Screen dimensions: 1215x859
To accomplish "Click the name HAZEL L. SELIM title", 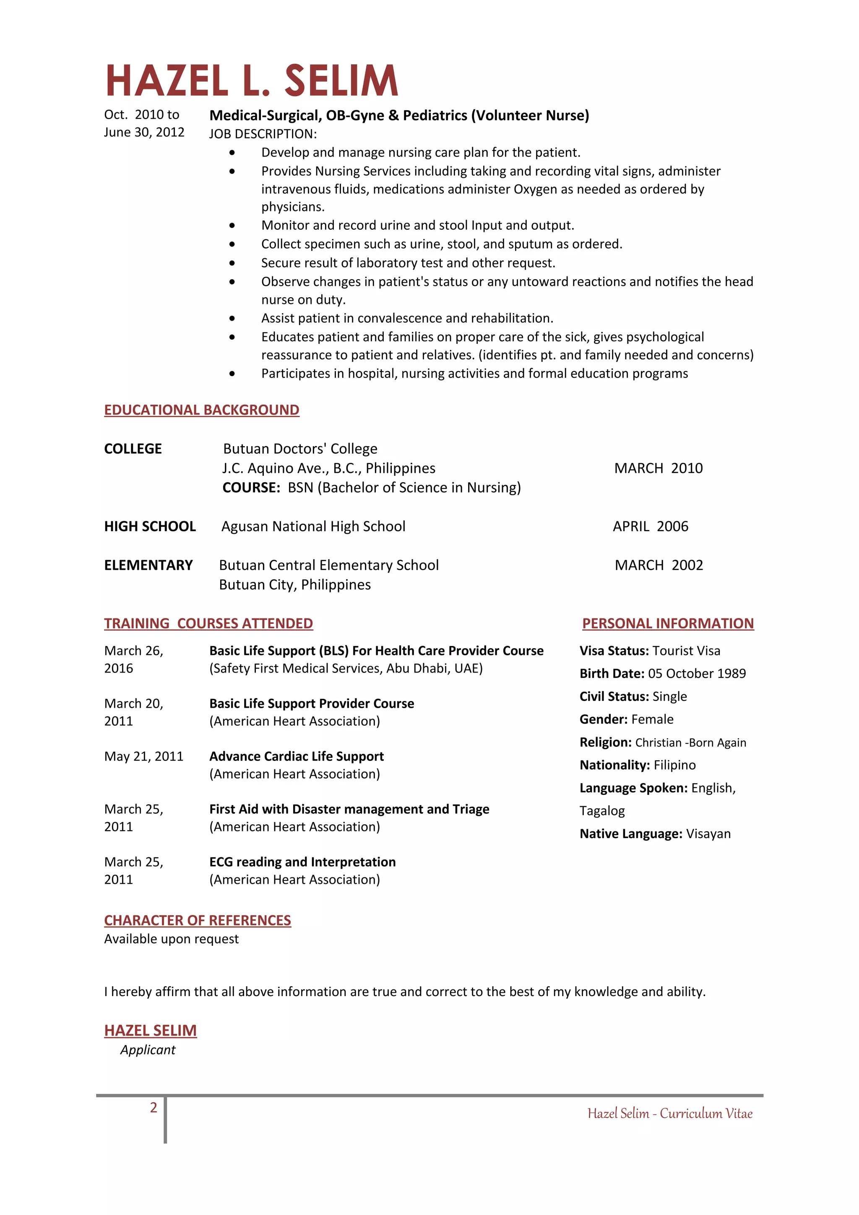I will tap(251, 80).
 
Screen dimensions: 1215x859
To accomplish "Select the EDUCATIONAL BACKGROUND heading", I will tap(202, 410).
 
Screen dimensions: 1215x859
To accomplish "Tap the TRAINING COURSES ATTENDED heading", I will tap(208, 623).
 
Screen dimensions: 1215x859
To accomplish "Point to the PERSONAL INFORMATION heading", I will tap(667, 623).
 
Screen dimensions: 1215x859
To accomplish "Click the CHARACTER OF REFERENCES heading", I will tap(198, 920).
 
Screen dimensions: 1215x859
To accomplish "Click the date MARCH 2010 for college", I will tap(659, 468).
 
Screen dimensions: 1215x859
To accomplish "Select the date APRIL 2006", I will tap(651, 527).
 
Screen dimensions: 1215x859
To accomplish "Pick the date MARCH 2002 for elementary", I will tap(659, 565).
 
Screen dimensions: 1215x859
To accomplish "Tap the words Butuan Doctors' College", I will tap(300, 449).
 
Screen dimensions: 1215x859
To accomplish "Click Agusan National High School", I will tap(313, 527).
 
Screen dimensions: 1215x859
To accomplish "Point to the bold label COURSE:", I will tap(251, 487).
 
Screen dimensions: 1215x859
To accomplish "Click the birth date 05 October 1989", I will tap(697, 674).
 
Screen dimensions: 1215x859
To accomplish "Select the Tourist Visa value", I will tap(687, 651).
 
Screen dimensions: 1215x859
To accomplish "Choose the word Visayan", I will tap(708, 834).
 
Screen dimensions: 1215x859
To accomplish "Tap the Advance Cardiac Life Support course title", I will tap(297, 756).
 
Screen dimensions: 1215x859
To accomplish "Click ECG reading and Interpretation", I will tap(302, 862).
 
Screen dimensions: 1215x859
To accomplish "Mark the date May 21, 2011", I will tap(143, 756).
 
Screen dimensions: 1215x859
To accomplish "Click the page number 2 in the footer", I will tap(154, 1108).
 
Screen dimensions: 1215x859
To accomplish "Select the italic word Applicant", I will tap(148, 1050).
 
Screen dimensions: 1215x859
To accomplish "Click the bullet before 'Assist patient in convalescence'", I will tap(232, 319).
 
